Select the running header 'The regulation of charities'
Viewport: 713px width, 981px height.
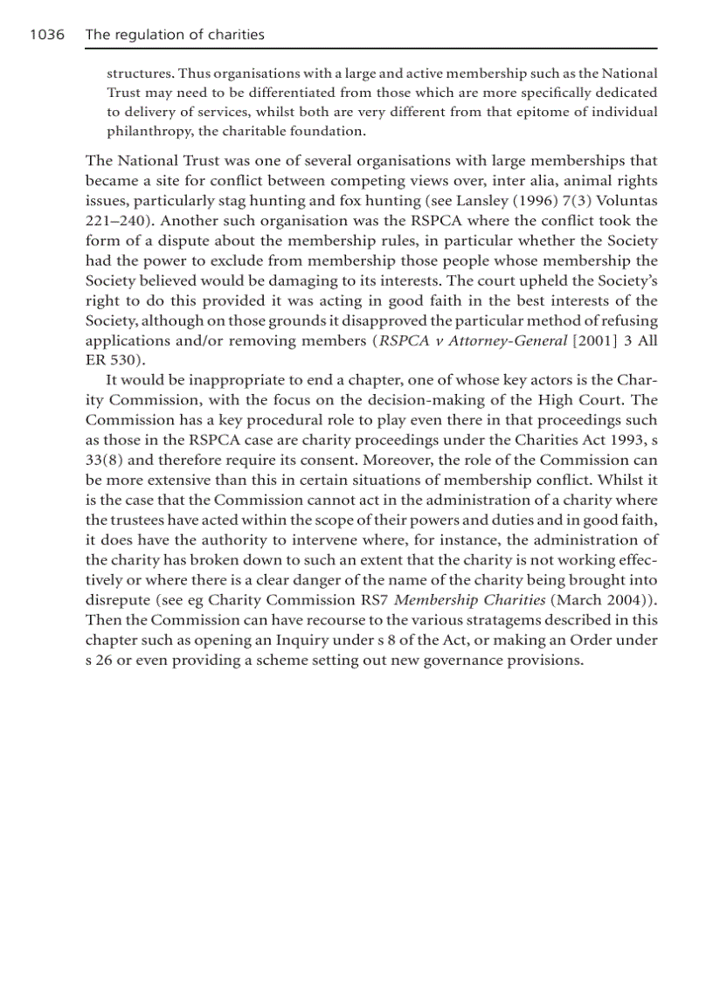click(175, 35)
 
